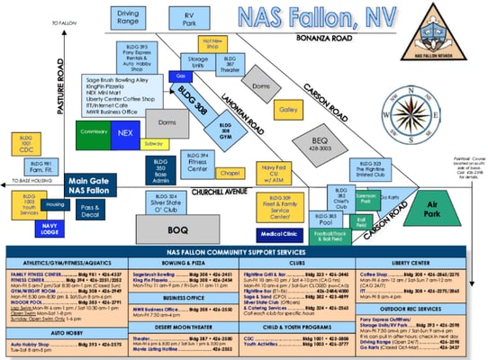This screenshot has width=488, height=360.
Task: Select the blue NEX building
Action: coord(125,131)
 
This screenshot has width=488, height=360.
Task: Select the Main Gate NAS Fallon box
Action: coord(93,184)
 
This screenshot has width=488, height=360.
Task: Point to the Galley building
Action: coord(288,110)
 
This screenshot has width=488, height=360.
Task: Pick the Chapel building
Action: coord(230,173)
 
